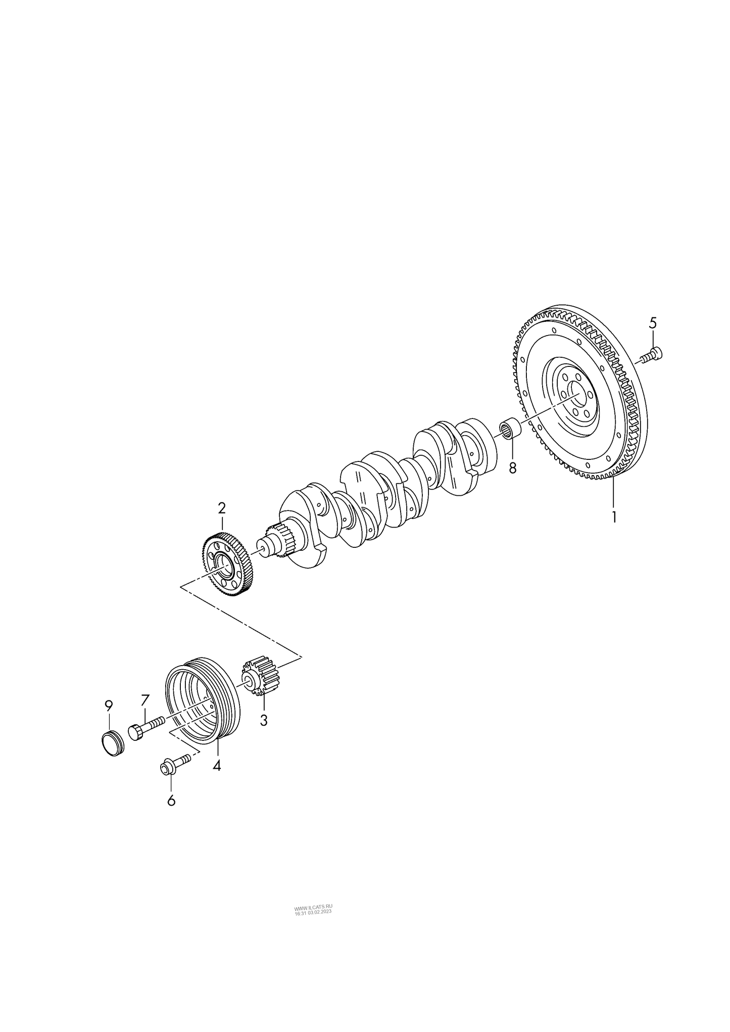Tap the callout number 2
221,508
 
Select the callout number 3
263,720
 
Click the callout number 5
653,322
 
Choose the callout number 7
145,700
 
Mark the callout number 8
513,468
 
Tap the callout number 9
109,705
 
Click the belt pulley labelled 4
202,702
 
